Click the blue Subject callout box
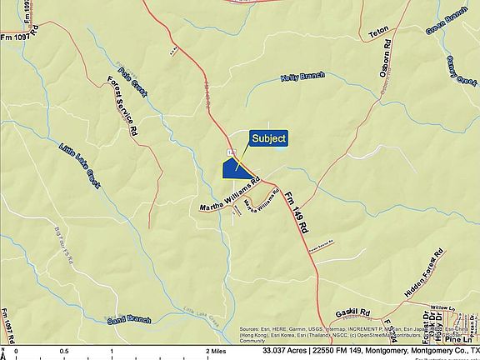269,138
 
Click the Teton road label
379,33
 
